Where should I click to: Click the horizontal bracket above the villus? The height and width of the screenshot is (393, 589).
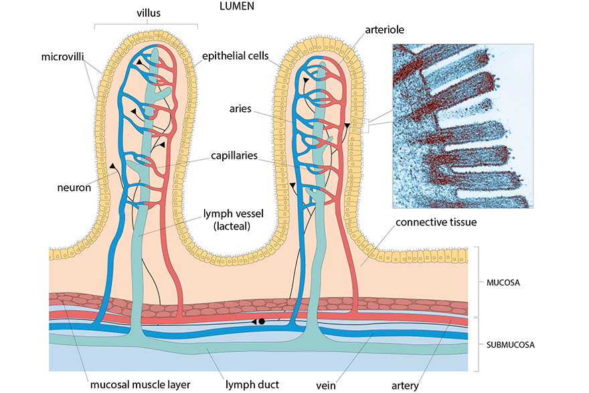click(x=146, y=25)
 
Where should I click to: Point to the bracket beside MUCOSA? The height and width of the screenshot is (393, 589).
click(x=477, y=282)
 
